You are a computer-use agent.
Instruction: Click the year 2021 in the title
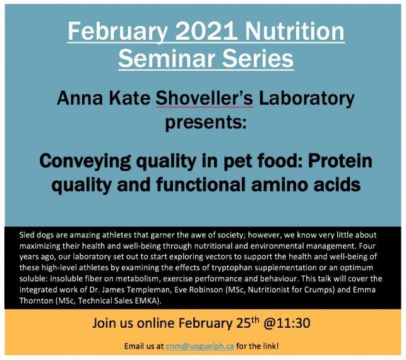point(206,31)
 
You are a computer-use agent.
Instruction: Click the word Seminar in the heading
point(167,58)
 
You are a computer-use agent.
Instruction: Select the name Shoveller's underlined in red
point(204,99)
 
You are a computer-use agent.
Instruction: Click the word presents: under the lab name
point(206,123)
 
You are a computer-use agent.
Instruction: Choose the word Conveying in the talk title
point(85,162)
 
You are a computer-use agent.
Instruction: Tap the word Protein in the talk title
point(340,160)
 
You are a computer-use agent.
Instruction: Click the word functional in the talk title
point(201,184)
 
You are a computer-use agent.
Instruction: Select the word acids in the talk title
point(337,184)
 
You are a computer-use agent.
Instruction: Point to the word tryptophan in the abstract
point(232,268)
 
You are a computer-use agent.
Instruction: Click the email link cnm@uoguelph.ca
point(200,346)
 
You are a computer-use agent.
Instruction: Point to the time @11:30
point(287,323)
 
